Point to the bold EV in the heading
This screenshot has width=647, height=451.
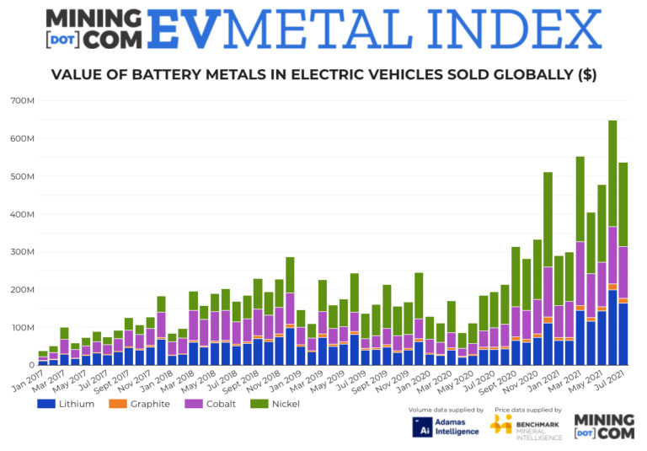click(x=187, y=30)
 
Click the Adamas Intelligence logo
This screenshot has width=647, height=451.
click(x=446, y=427)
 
